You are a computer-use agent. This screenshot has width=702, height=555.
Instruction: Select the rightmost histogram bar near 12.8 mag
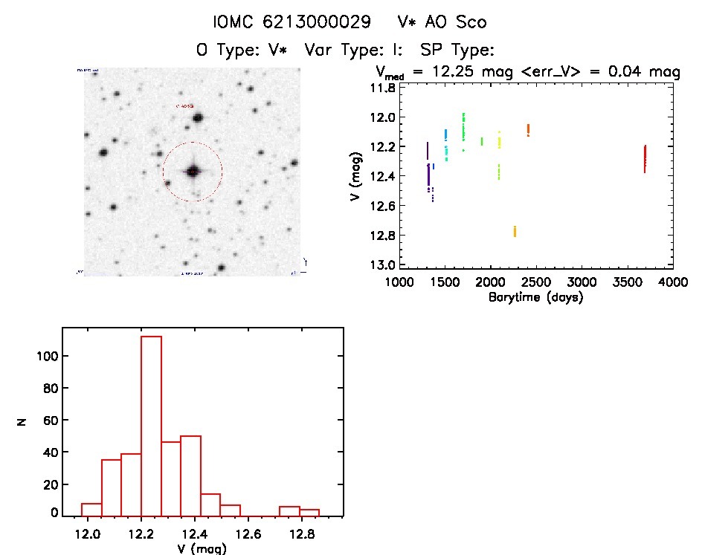tap(309, 512)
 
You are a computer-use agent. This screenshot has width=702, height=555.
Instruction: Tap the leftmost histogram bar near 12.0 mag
tap(91, 509)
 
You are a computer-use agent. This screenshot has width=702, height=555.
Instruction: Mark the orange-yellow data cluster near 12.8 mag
tap(515, 231)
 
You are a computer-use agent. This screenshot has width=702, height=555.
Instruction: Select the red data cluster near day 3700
tap(645, 158)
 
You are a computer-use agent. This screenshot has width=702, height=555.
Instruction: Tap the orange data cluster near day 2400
tap(528, 129)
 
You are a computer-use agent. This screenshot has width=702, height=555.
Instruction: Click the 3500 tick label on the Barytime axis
tap(627, 283)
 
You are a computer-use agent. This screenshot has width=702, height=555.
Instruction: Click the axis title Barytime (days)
tap(535, 297)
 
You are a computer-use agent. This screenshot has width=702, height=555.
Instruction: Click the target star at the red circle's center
tap(193, 171)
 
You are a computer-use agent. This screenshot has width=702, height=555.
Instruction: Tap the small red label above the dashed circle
tap(184, 106)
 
